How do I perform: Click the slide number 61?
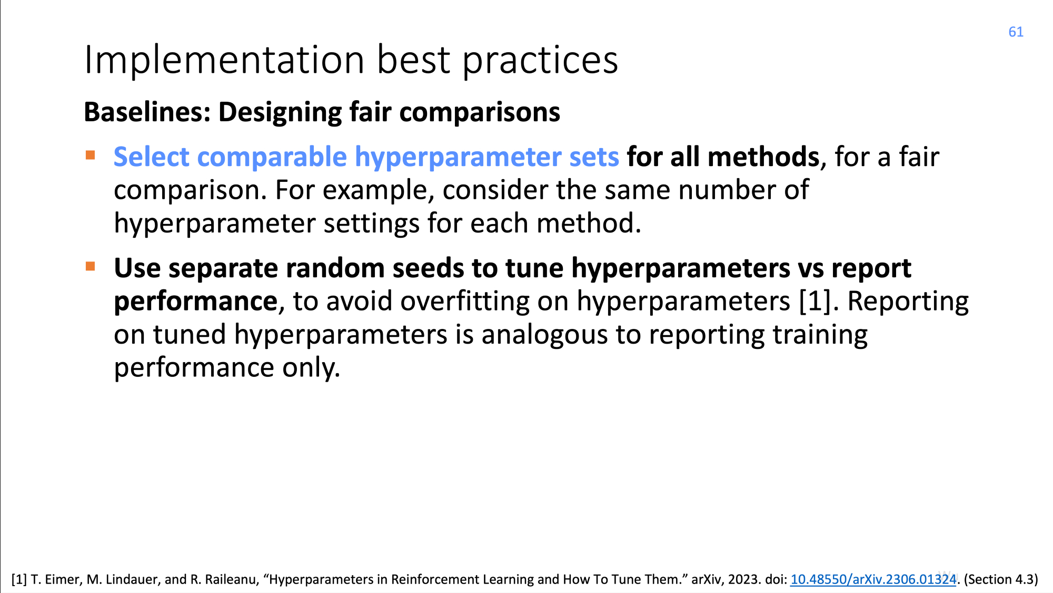coord(1016,32)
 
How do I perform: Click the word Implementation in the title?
coord(224,60)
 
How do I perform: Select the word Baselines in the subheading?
coord(147,112)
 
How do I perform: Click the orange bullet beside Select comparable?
coord(91,155)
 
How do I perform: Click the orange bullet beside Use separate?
coord(91,266)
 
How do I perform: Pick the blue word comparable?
coord(272,158)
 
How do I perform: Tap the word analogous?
coord(544,336)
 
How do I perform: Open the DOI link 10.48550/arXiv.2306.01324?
coord(873,579)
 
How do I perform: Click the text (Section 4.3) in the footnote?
coord(1001,579)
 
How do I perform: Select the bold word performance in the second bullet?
coord(195,302)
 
